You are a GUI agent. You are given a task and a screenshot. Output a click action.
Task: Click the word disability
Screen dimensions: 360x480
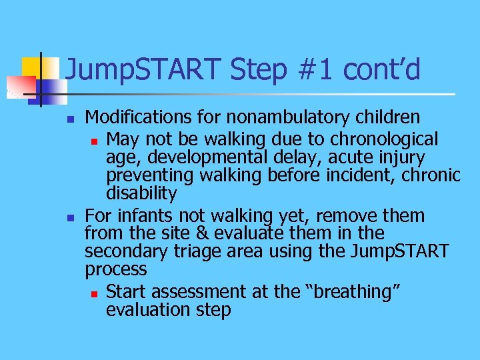(141, 194)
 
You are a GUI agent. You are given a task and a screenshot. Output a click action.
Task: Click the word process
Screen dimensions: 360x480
(115, 270)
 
